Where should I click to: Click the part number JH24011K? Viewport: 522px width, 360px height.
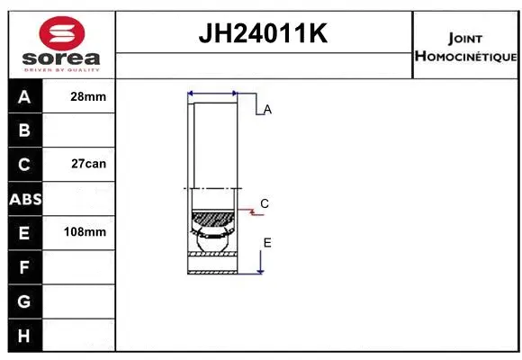coord(263,34)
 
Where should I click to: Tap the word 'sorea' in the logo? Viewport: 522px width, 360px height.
coord(60,57)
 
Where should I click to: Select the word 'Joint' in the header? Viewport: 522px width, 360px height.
coord(464,39)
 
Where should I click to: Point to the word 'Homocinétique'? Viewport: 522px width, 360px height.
coord(465,57)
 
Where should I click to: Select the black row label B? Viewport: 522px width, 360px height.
coord(24,130)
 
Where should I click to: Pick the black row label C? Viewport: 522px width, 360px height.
coord(24,165)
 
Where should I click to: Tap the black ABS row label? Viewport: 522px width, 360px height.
coord(24,199)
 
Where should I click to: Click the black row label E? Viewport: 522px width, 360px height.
coord(24,232)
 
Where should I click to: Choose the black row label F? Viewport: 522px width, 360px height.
coord(24,266)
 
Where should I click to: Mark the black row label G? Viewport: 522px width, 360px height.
coord(24,301)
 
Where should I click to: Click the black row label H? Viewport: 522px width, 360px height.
coord(24,335)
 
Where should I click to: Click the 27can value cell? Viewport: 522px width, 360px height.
coord(87,165)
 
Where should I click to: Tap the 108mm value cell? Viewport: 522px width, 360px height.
coord(87,232)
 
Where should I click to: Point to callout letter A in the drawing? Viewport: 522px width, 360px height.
coord(267,109)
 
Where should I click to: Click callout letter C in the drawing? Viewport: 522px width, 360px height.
coord(265,203)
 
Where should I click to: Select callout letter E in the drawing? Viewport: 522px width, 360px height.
coord(267,243)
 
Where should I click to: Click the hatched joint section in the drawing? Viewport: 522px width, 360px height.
coord(212,219)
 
